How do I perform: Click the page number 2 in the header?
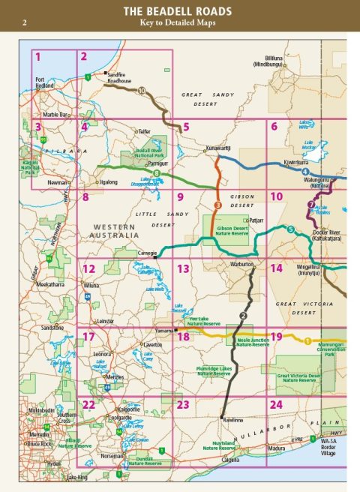tap(25, 23)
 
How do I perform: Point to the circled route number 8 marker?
tap(156, 173)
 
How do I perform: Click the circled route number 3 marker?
tap(217, 205)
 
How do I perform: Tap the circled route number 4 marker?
tap(304, 172)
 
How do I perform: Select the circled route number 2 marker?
tap(242, 315)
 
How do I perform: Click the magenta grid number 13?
tap(182, 268)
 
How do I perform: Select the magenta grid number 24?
tap(276, 404)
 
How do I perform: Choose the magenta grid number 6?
tap(274, 126)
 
